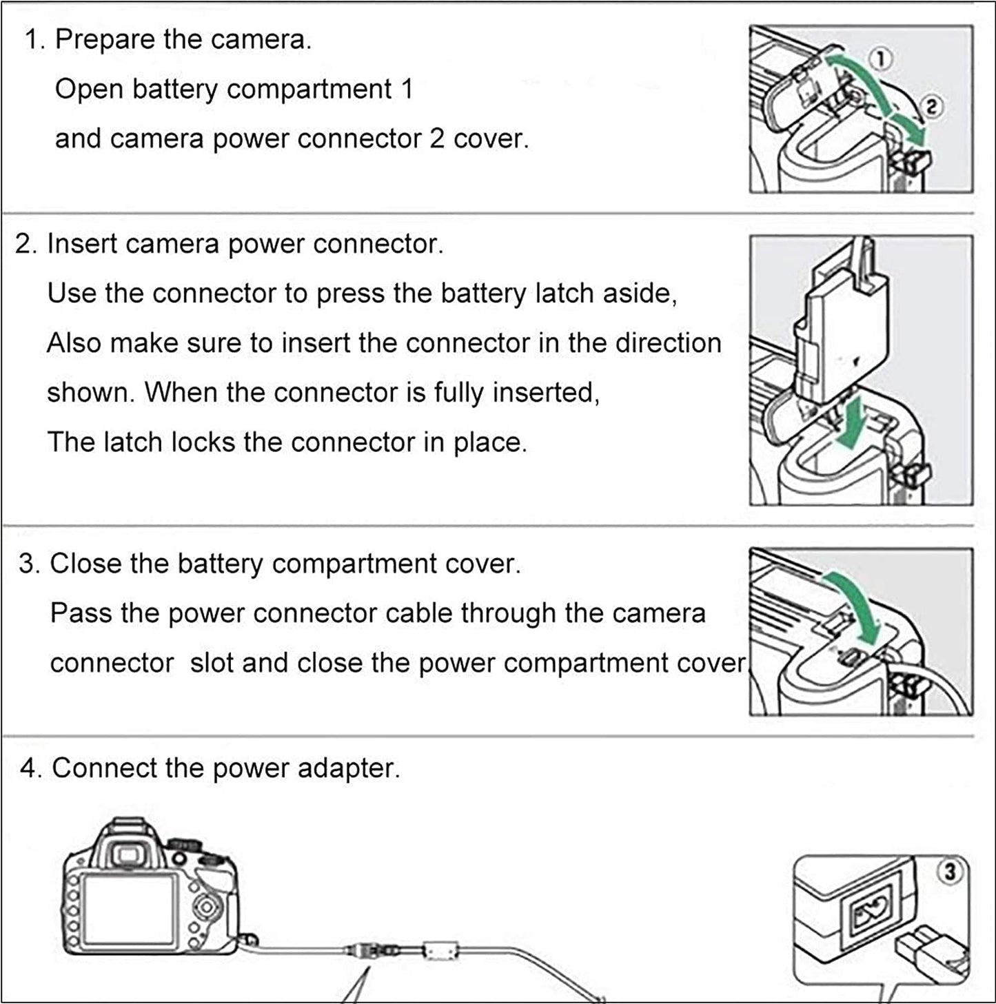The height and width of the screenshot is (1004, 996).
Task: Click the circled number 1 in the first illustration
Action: tap(881, 59)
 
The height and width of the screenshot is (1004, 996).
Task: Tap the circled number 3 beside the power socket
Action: tap(950, 872)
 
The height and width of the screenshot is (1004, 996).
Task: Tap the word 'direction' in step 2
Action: tap(668, 343)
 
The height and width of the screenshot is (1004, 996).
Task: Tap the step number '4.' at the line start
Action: tap(31, 768)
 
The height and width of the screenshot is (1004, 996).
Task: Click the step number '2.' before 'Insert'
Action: tap(26, 244)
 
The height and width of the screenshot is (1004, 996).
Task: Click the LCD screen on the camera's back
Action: tap(130, 910)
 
